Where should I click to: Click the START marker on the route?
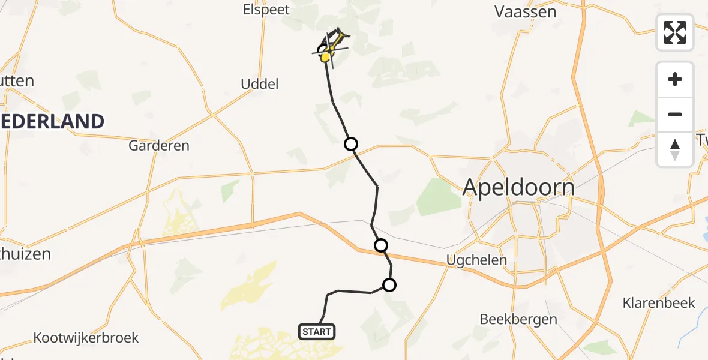tap(316, 331)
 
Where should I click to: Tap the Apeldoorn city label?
tap(518, 188)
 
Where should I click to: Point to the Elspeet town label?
tap(266, 10)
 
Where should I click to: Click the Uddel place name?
tap(260, 84)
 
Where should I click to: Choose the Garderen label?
tap(159, 145)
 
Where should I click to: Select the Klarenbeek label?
tap(659, 302)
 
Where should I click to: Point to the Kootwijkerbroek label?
tap(86, 337)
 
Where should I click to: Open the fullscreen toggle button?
tap(675, 32)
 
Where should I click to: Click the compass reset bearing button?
tap(675, 149)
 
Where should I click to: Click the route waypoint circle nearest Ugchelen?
tap(380, 245)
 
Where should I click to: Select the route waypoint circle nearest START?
tap(389, 285)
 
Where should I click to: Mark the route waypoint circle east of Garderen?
tap(350, 144)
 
